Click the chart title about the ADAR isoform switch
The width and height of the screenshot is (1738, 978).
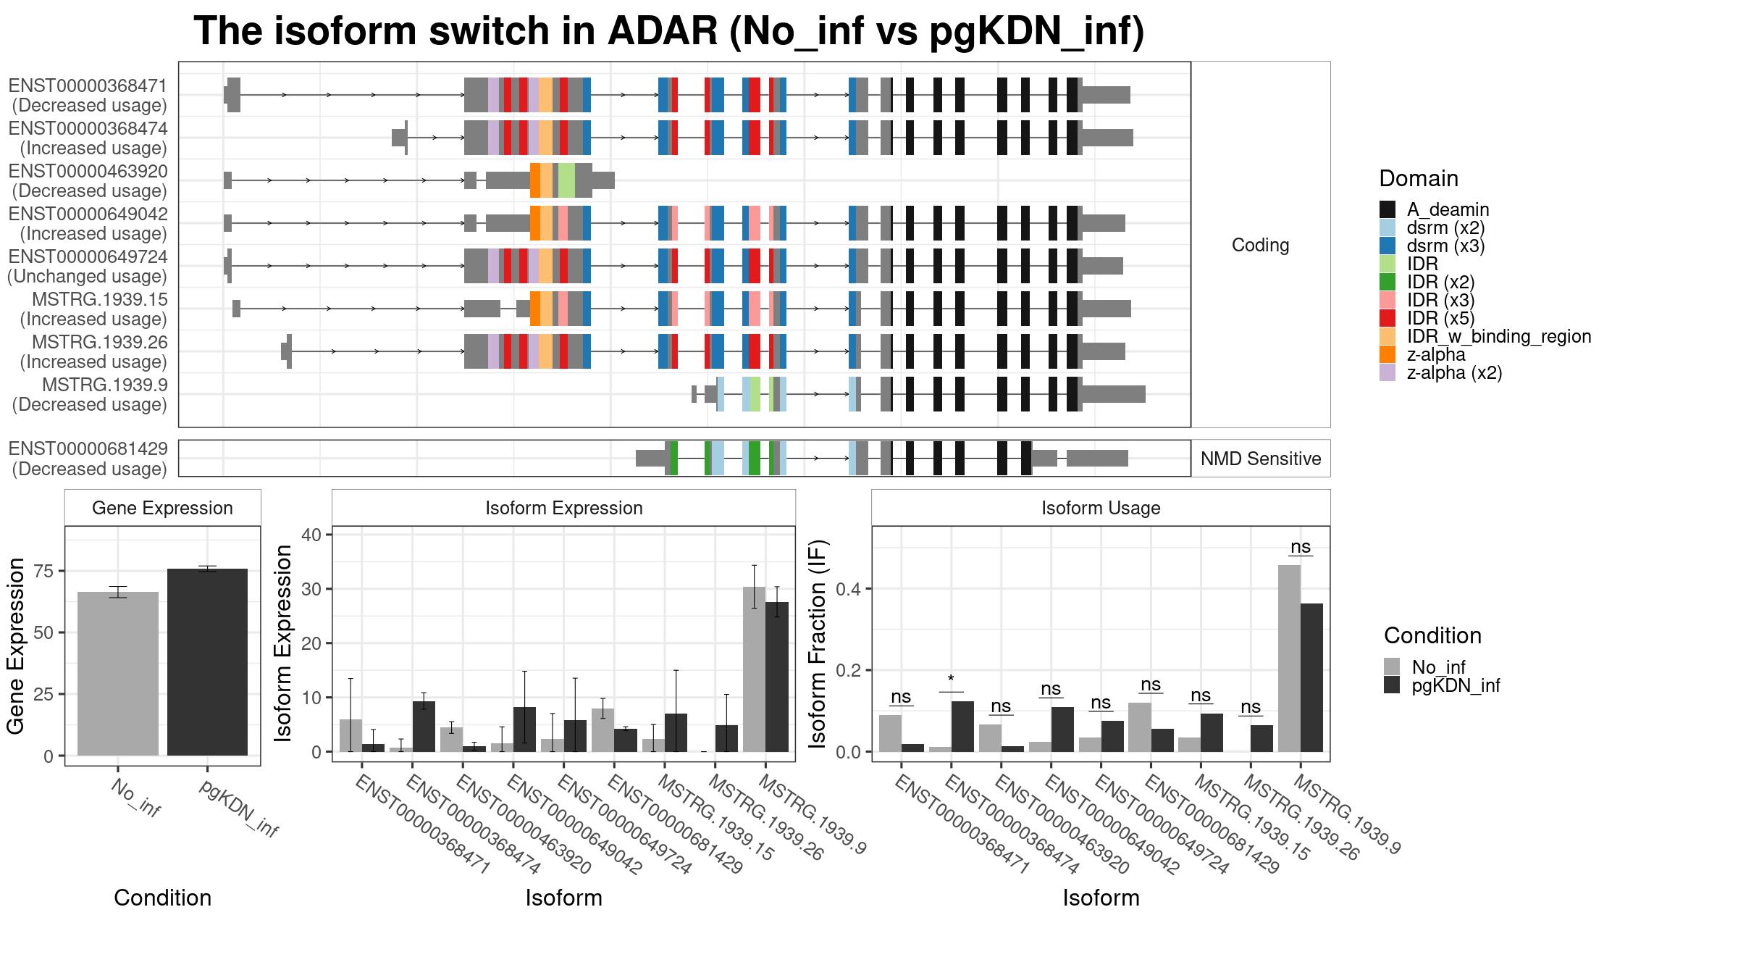pos(669,31)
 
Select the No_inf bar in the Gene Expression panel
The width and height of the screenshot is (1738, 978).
pos(118,674)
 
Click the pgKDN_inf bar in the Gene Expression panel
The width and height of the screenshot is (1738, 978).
pos(208,662)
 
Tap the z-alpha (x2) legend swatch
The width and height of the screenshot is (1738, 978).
pos(1388,373)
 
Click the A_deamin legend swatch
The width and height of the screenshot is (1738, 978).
pos(1388,209)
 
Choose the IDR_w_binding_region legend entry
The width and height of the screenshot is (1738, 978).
pos(1499,337)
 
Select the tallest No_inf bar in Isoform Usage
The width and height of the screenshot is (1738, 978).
pos(1289,659)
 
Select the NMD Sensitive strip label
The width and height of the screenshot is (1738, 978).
pos(1261,459)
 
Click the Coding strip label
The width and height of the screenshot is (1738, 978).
pos(1261,245)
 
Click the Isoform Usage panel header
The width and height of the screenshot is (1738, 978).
pos(1101,508)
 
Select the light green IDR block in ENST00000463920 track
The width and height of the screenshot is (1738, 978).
pos(566,180)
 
